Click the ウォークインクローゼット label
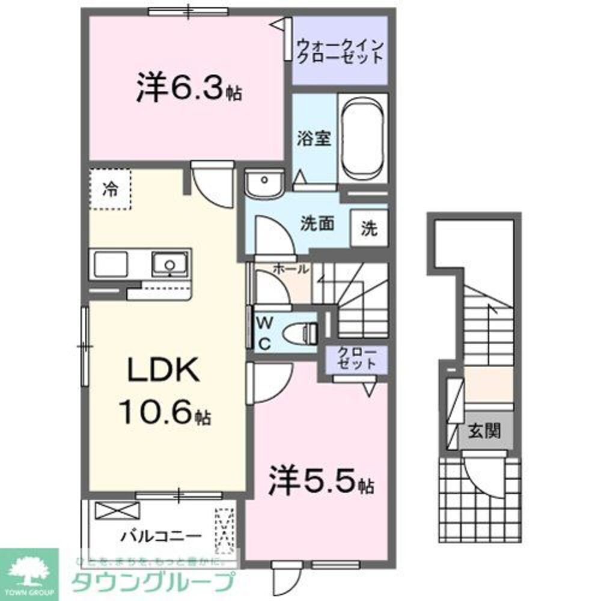tap(340, 50)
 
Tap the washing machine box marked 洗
tap(369, 228)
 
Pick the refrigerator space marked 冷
tap(110, 189)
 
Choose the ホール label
tap(291, 270)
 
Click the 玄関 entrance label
tap(485, 431)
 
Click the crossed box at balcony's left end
tap(116, 511)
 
